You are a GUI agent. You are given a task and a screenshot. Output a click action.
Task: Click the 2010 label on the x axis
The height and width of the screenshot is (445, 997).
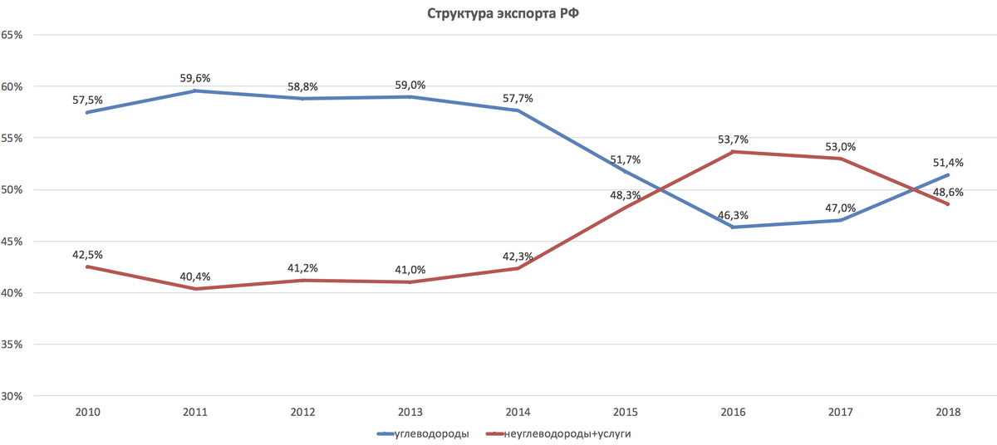[88, 413]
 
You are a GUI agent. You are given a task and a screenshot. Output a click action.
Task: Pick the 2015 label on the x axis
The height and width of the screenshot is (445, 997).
[626, 413]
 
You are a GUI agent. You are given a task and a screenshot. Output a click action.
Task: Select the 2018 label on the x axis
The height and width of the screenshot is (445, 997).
[948, 413]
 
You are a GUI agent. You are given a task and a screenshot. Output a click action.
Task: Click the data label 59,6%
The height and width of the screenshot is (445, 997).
[195, 78]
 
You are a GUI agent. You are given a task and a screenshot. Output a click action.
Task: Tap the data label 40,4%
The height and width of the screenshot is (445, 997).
[195, 276]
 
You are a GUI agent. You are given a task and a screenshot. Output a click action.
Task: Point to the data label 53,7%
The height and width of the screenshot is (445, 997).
[733, 139]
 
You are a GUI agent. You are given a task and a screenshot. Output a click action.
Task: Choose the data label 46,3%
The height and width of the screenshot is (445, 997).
[733, 215]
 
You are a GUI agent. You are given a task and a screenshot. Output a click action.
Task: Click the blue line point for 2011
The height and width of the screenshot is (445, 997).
[195, 90]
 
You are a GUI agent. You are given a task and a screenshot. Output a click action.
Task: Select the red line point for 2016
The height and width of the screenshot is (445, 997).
[733, 152]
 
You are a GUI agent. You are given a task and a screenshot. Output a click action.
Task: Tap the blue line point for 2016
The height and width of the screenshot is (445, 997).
[733, 227]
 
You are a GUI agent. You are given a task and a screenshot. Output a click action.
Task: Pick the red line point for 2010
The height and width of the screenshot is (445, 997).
[88, 267]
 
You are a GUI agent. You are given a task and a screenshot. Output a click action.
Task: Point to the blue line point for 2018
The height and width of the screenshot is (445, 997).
[948, 175]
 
